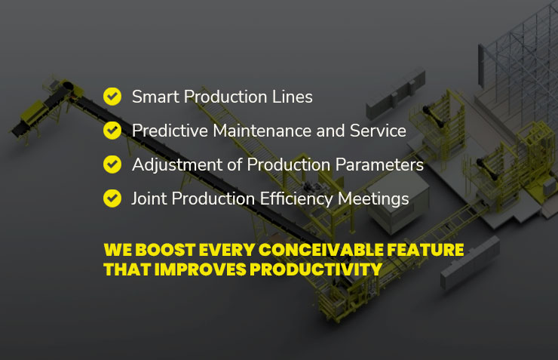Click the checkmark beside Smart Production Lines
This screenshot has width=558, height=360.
pyautogui.click(x=112, y=97)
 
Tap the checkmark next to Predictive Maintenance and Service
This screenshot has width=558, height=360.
pyautogui.click(x=112, y=131)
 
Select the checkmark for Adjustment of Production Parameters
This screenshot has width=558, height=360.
pyautogui.click(x=112, y=165)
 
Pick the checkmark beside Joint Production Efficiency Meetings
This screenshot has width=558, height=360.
pyautogui.click(x=112, y=198)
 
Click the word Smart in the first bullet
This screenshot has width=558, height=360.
pyautogui.click(x=155, y=97)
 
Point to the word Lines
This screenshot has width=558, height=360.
pyautogui.click(x=292, y=97)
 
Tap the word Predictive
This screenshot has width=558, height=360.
pyautogui.click(x=170, y=131)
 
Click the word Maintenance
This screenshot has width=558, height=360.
pyautogui.click(x=262, y=131)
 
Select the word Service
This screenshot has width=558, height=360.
pyautogui.click(x=378, y=131)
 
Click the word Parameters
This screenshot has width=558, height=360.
pyautogui.click(x=379, y=165)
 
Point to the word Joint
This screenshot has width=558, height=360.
pyautogui.click(x=149, y=198)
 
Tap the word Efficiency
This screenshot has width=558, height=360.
pyautogui.click(x=296, y=199)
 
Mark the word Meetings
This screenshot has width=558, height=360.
pyautogui.click(x=373, y=199)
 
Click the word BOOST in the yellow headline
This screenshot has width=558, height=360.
pyautogui.click(x=165, y=250)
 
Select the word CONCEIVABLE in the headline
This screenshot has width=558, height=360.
pyautogui.click(x=321, y=250)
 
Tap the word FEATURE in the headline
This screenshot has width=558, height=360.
pyautogui.click(x=425, y=250)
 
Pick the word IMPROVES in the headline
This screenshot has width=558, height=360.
pyautogui.click(x=200, y=269)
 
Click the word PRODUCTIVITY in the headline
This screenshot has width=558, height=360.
pyautogui.click(x=316, y=269)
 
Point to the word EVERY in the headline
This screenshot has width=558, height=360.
pyautogui.click(x=227, y=250)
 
